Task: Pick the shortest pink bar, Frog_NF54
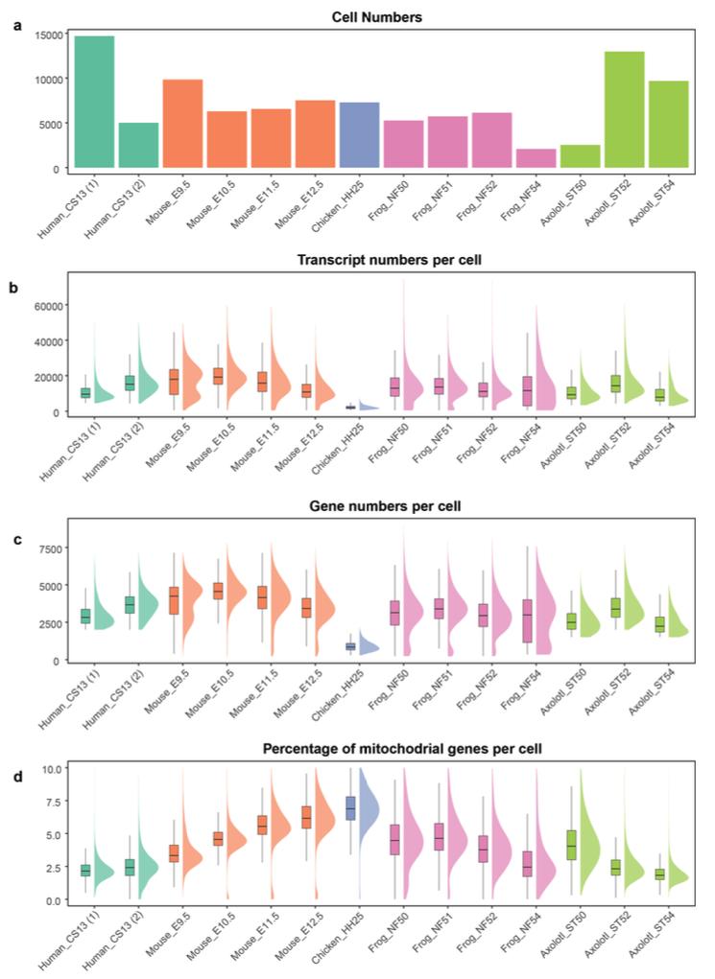tap(536, 158)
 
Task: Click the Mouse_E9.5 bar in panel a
tap(182, 124)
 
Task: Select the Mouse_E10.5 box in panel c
tap(218, 591)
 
